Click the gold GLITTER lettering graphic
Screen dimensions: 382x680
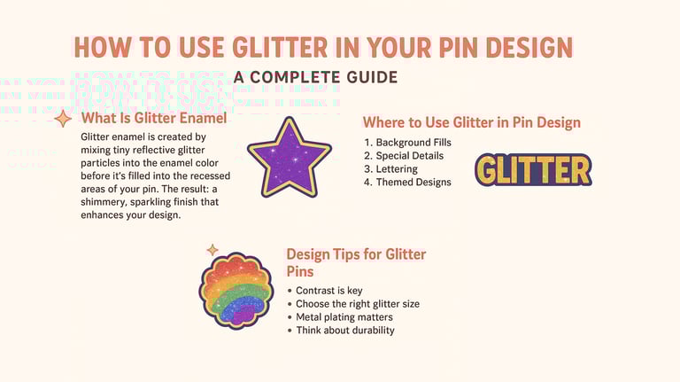[x=533, y=170]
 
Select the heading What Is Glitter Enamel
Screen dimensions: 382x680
[x=154, y=119]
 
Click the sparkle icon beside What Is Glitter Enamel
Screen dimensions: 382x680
[x=63, y=118]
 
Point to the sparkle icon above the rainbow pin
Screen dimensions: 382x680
[x=212, y=251]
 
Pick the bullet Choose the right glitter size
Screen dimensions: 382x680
[x=357, y=304]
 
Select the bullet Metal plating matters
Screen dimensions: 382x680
[x=344, y=317]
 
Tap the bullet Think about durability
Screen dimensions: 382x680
[x=344, y=331]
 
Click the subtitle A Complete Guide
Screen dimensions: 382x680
[x=315, y=78]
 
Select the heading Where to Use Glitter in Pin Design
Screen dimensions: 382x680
[x=472, y=122]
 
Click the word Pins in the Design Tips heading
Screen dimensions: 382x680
[x=301, y=271]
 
